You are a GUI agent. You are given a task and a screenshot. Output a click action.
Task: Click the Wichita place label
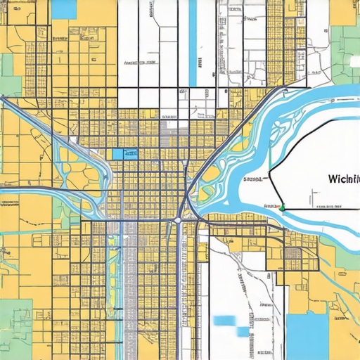coord(342,179)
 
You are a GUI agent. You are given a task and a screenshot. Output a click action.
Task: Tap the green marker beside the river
coord(282,207)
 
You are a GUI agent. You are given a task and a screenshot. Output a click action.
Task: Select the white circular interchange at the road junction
coord(178,220)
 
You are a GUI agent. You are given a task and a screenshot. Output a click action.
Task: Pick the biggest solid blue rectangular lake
coord(307,335)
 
